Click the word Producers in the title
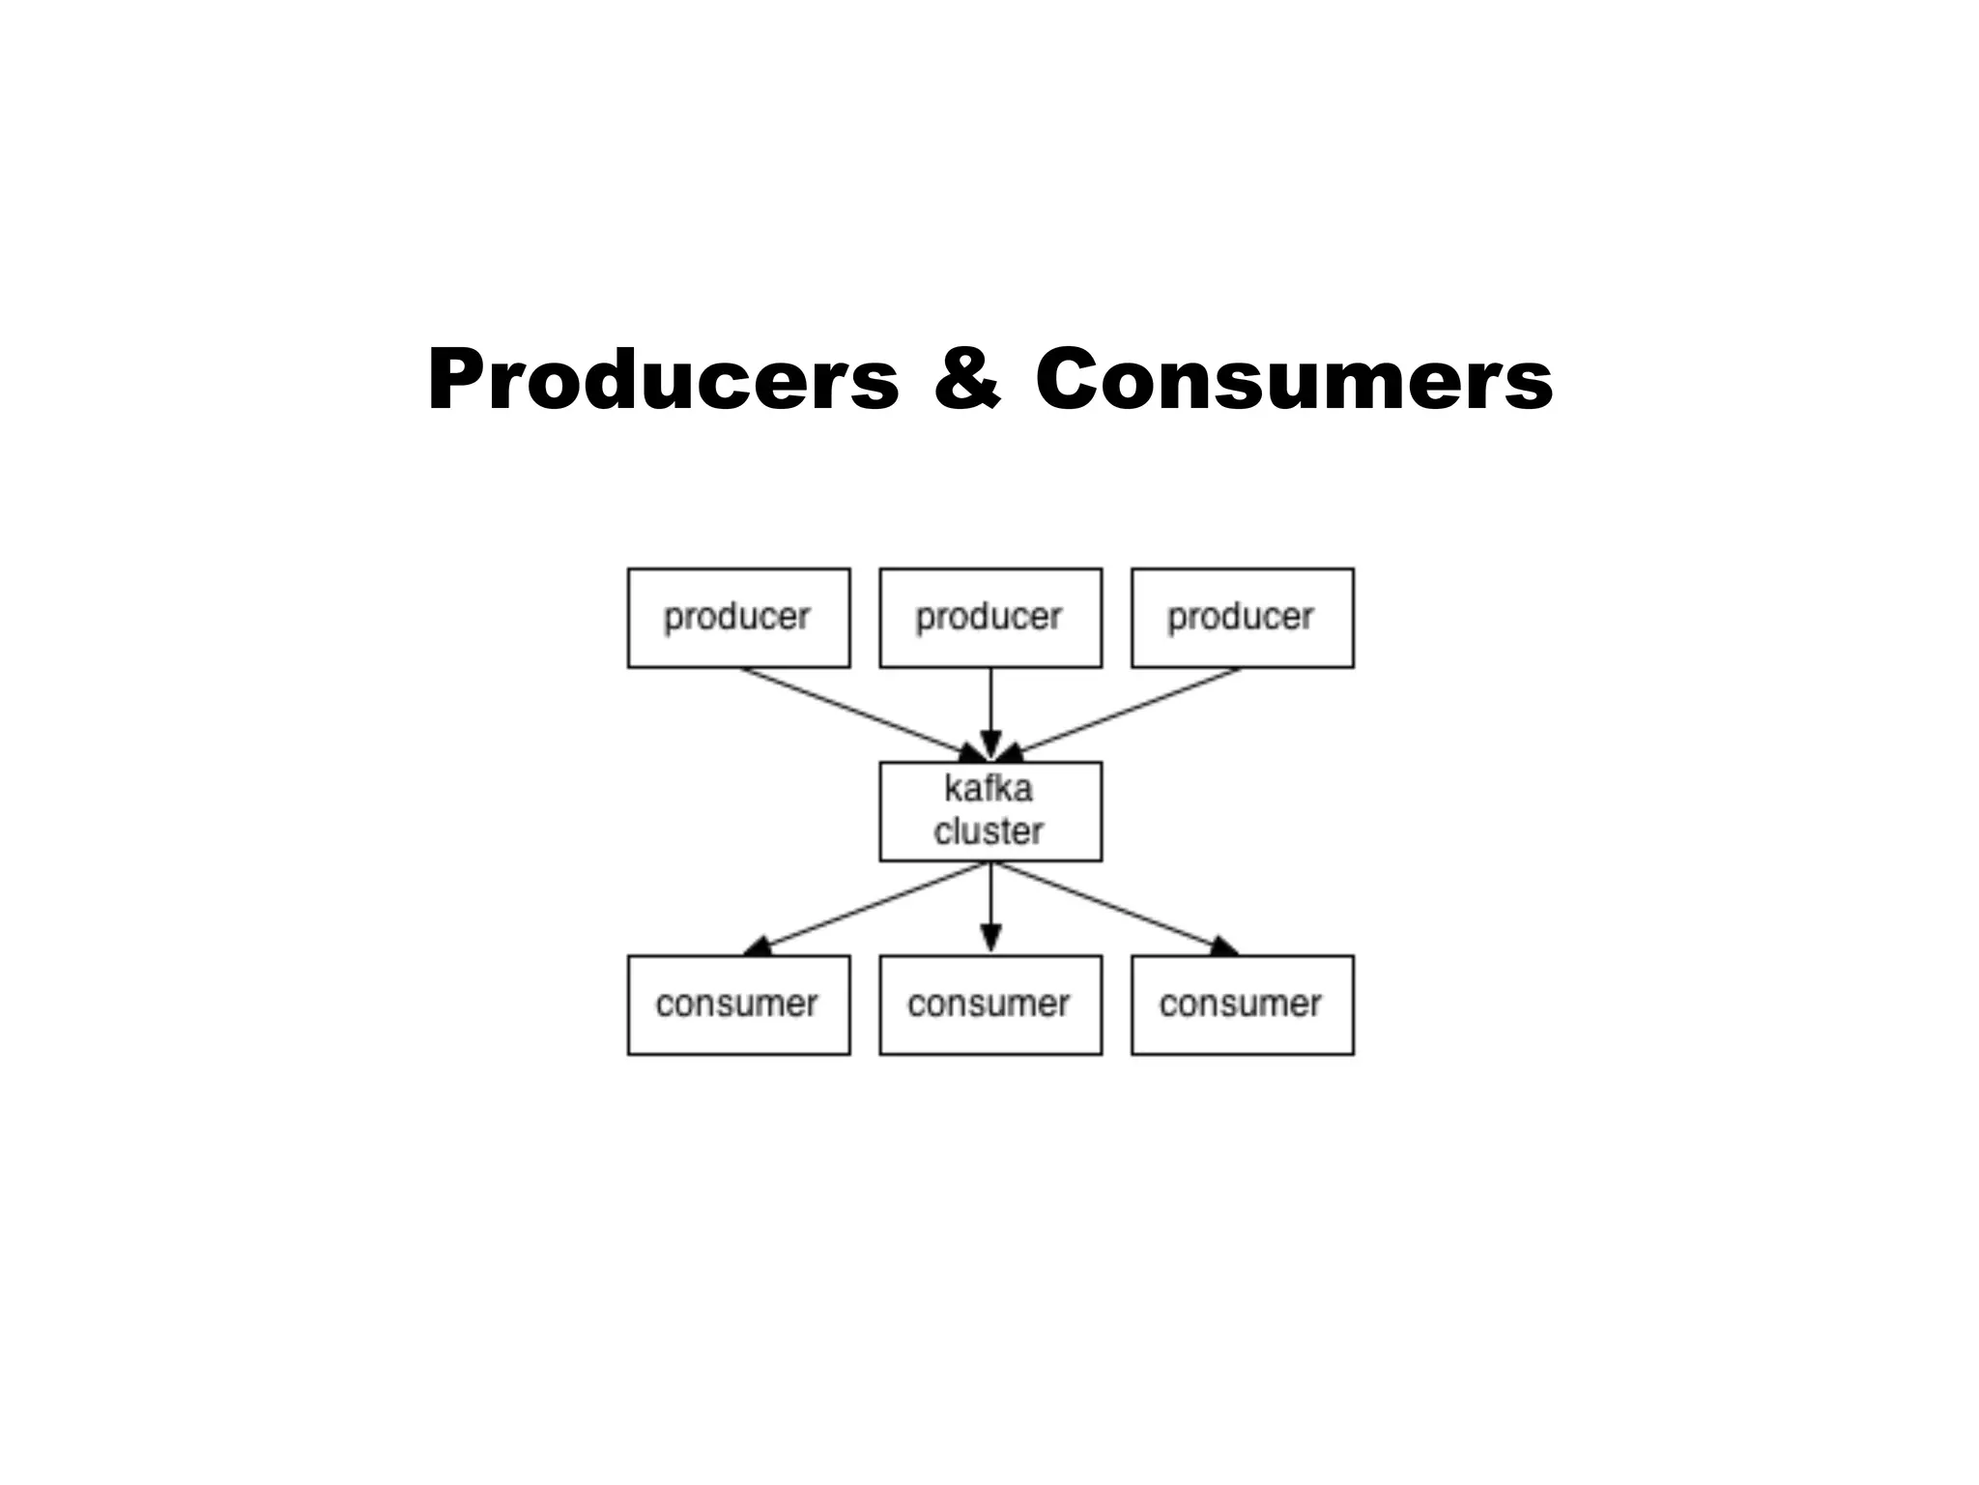point(663,379)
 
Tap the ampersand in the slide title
point(967,379)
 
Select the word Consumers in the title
point(1294,379)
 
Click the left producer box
point(738,618)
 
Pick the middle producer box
point(990,618)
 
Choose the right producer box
point(1243,618)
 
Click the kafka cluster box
point(990,811)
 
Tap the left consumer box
point(738,1005)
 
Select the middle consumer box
point(990,1005)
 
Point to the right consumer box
point(1243,1005)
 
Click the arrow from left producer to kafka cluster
point(850,712)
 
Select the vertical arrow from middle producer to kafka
point(990,706)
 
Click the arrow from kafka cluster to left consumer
point(870,905)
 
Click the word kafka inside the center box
point(989,789)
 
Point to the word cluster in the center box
point(989,831)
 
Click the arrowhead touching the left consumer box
point(758,946)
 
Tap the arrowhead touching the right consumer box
point(1223,946)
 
